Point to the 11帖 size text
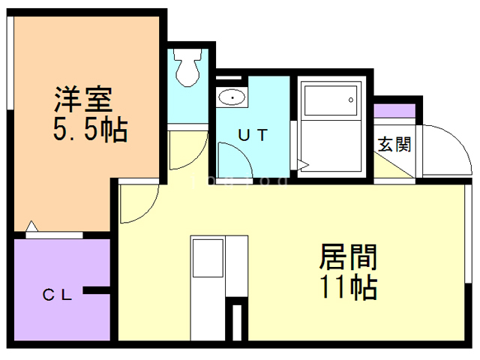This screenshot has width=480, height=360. [348, 286]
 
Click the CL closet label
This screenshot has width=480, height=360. [56, 295]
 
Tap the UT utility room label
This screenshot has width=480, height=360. [253, 134]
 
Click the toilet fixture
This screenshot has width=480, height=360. [188, 66]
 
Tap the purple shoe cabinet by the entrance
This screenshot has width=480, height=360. [395, 110]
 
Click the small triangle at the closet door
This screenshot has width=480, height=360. [31, 226]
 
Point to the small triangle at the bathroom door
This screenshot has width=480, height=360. [302, 163]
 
